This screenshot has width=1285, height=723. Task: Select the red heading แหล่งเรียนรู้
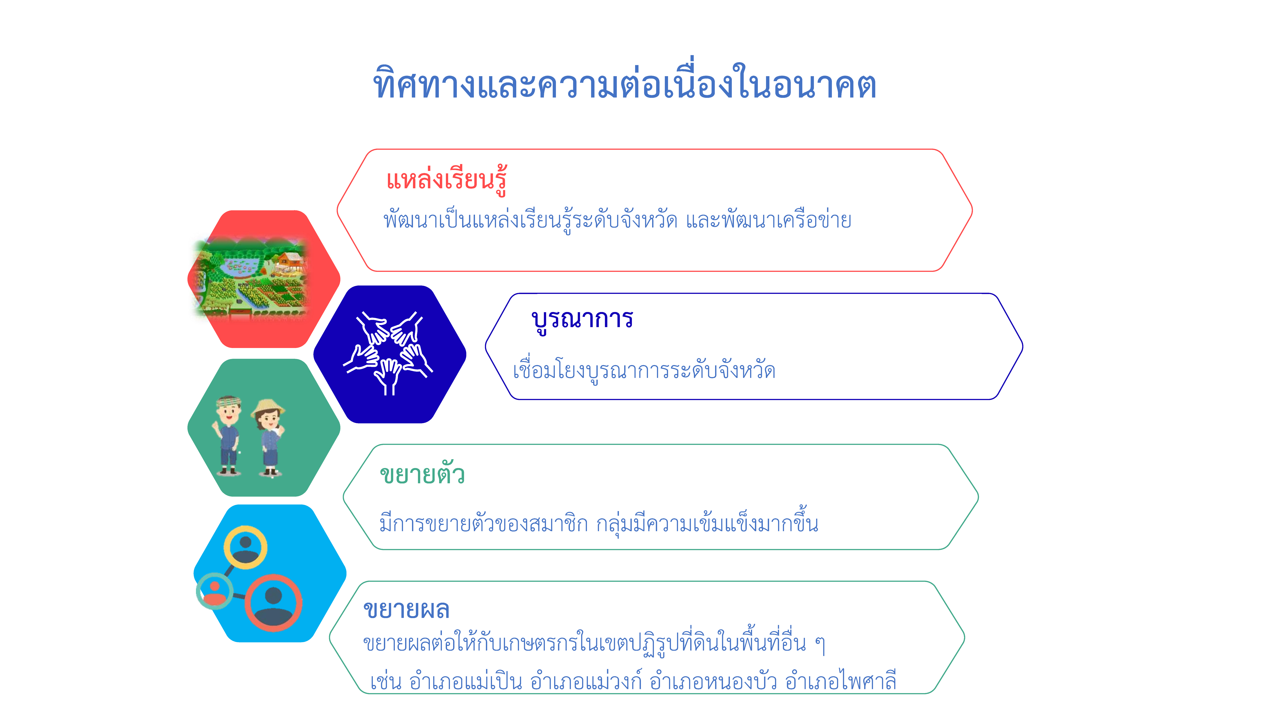pos(447,180)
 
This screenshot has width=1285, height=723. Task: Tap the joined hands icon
pos(388,353)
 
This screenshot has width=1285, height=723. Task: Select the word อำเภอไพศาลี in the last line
pos(841,681)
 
